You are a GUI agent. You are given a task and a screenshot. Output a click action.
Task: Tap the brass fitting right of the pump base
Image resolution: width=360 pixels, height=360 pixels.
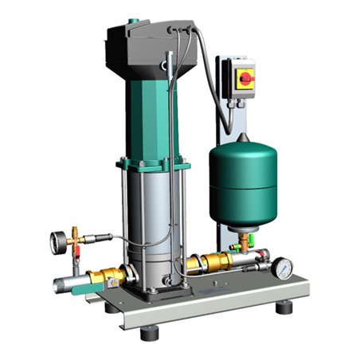(x=215, y=263)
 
